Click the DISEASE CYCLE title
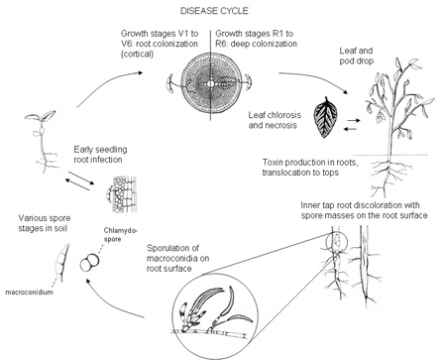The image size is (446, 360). pos(214,11)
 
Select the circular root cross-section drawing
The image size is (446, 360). pos(210,83)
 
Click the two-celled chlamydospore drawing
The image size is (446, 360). pos(89,263)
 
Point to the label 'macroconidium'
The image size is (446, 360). pos(29,292)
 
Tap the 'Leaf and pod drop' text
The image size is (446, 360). pos(357,56)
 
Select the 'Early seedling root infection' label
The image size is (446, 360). pos(100,155)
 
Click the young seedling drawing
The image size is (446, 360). pos(43,141)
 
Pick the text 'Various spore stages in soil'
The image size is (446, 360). pos(45,223)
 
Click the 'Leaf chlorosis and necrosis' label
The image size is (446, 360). pos(275,120)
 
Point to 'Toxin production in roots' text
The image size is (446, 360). pos(310,163)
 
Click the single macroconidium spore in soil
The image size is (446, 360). pos(62,263)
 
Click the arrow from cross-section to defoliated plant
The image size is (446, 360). pos(317,78)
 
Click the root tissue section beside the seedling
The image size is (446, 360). pos(121,194)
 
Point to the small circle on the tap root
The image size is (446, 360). pos(336,242)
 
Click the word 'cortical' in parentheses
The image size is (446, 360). pos(137,54)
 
